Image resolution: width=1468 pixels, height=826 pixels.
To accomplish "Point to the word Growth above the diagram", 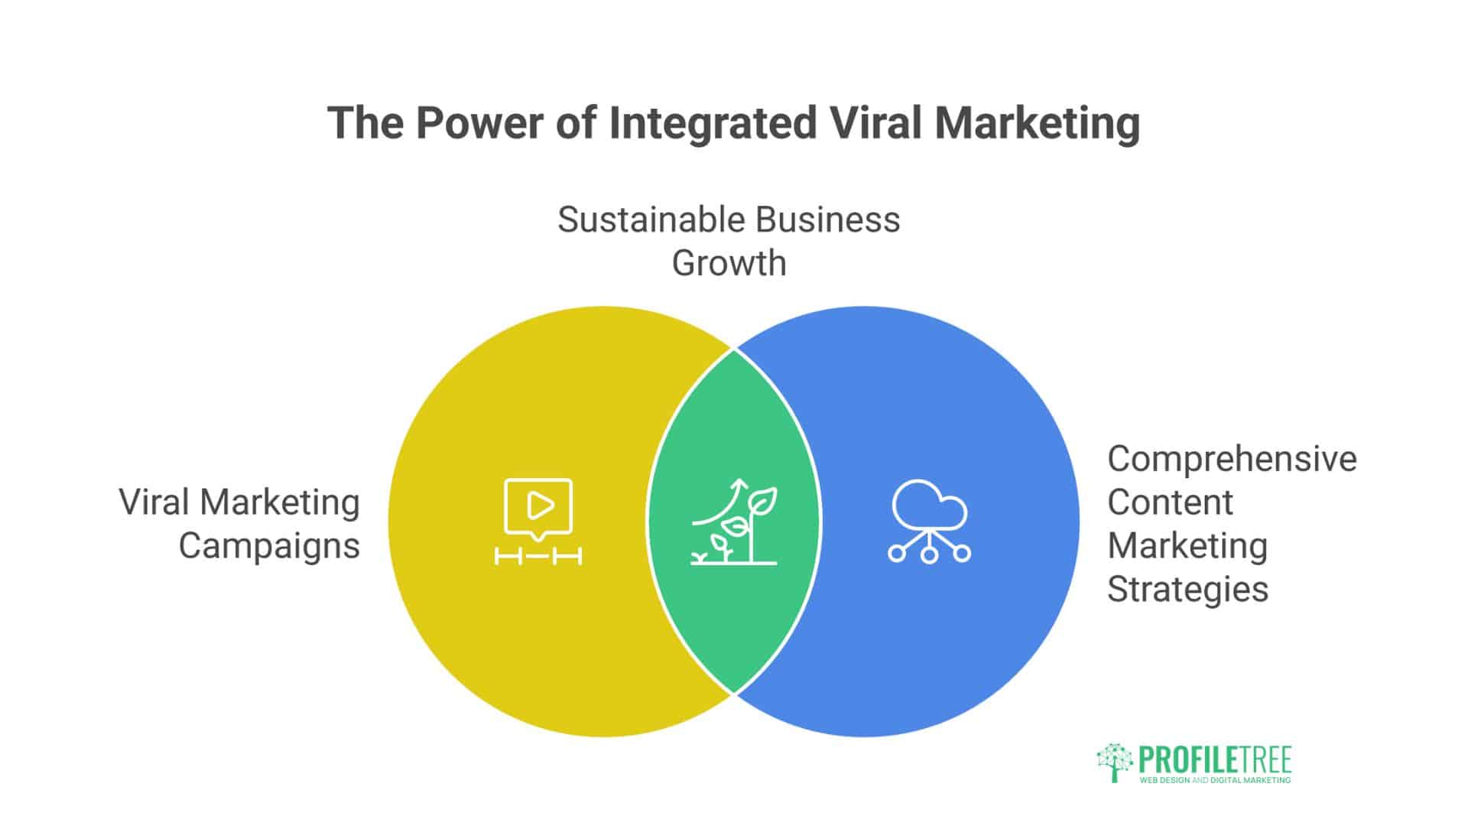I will (x=729, y=263).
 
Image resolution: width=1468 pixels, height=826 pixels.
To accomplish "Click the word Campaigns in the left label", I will (x=268, y=546).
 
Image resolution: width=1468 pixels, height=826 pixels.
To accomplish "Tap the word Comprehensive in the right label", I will (x=1232, y=459).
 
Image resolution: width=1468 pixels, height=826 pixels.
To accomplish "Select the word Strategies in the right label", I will (x=1187, y=589).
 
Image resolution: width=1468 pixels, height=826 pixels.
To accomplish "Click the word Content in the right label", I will (x=1170, y=502).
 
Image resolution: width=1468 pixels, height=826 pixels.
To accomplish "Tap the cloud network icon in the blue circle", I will (x=929, y=521).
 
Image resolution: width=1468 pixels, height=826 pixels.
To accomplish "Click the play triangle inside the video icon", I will (x=540, y=506).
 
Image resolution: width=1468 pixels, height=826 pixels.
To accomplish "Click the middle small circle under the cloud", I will (x=929, y=554).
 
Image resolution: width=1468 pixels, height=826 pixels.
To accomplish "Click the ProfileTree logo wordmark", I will (x=1214, y=759).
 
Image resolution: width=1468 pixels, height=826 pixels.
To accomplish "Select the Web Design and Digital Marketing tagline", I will (x=1214, y=780).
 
